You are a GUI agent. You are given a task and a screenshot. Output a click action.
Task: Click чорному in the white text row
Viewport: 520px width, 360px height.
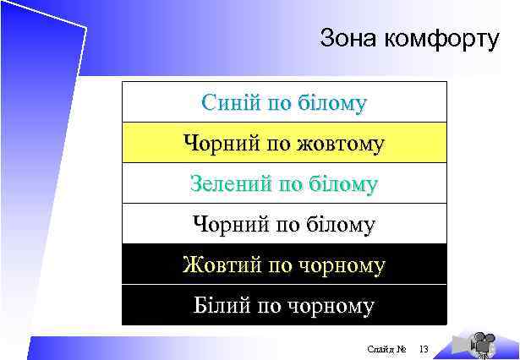(x=330, y=305)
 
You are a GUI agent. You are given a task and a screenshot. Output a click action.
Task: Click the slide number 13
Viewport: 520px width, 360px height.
(x=424, y=349)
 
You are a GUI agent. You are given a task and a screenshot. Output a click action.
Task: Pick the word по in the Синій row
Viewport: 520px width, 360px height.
(x=278, y=103)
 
